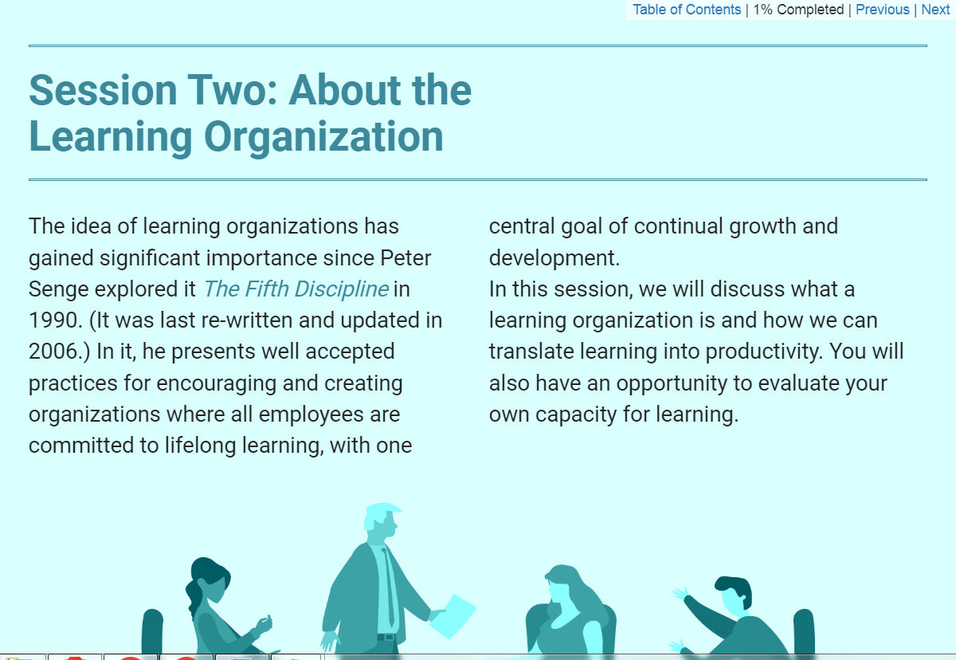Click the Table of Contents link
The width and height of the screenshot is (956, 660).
tap(686, 10)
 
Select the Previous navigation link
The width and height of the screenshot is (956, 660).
tap(882, 10)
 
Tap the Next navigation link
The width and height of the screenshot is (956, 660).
tap(935, 10)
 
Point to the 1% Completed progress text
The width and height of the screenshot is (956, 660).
tap(798, 10)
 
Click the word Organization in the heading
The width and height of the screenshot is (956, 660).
tap(323, 136)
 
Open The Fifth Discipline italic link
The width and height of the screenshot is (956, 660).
tap(296, 289)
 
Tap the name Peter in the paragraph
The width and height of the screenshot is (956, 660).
tap(406, 257)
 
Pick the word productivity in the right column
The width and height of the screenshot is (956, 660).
tap(763, 352)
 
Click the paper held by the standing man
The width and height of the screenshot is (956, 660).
tap(453, 616)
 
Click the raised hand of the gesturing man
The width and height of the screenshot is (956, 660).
tap(681, 595)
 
